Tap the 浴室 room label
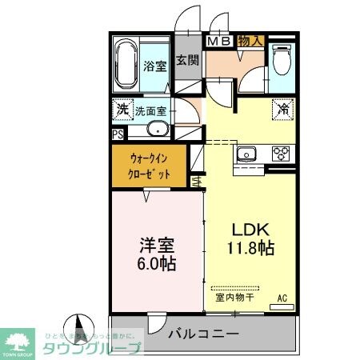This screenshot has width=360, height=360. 155,67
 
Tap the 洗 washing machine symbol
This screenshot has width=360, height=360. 122,109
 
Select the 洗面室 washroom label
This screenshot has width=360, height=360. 150,112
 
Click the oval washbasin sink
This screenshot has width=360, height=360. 158,130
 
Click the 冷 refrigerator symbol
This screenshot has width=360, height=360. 284,109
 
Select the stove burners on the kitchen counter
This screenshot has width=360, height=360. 281,152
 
